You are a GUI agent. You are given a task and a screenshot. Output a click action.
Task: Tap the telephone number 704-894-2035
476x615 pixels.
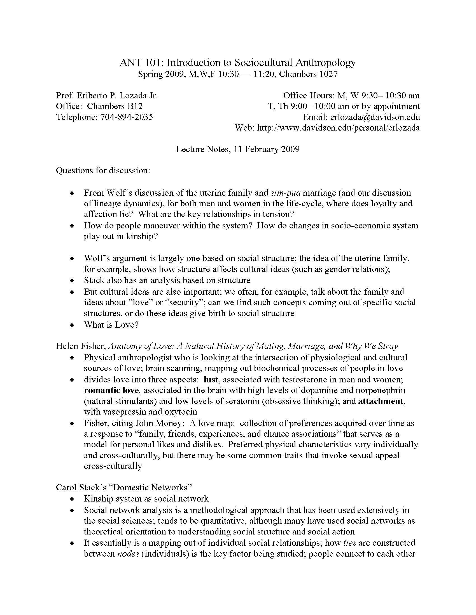click(x=127, y=117)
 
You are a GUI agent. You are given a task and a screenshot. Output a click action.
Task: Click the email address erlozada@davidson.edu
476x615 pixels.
click(x=375, y=117)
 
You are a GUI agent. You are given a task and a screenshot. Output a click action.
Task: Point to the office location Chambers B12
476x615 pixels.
click(x=115, y=106)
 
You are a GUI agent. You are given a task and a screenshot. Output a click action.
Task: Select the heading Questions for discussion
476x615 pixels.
click(x=103, y=170)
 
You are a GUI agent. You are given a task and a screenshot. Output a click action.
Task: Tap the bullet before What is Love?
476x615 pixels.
click(x=73, y=325)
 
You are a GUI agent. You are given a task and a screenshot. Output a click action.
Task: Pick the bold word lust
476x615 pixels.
click(x=211, y=380)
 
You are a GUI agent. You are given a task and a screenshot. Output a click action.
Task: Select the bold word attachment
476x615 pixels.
click(x=381, y=401)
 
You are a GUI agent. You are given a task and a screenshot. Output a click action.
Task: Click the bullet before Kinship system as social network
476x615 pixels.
click(x=73, y=499)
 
